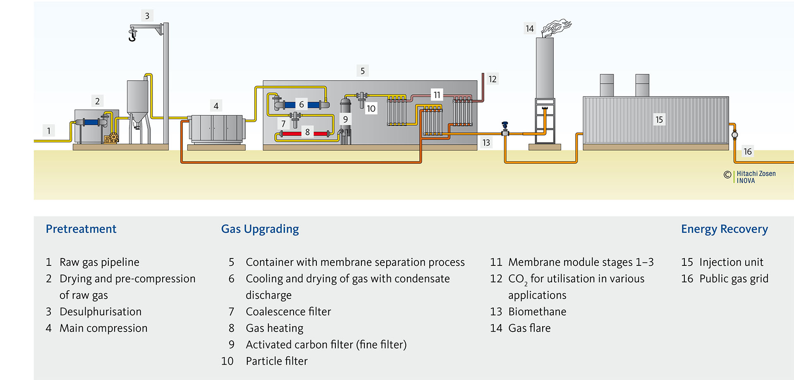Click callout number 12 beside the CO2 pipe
tap(492, 79)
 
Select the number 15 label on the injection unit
tap(659, 119)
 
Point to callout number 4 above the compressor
tap(216, 106)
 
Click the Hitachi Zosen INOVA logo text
tap(756, 177)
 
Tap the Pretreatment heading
tap(81, 229)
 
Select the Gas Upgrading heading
tap(260, 229)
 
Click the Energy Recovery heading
tap(724, 229)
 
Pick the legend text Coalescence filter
tap(288, 312)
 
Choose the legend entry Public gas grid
tap(734, 279)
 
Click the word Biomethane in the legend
tap(537, 312)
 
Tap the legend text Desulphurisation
tap(100, 312)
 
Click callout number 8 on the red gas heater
tap(307, 132)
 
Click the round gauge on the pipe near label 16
tap(734, 135)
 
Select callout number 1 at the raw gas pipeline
tap(49, 131)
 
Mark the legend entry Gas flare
tap(529, 328)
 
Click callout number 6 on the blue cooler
tap(301, 104)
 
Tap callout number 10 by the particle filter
tap(371, 108)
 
